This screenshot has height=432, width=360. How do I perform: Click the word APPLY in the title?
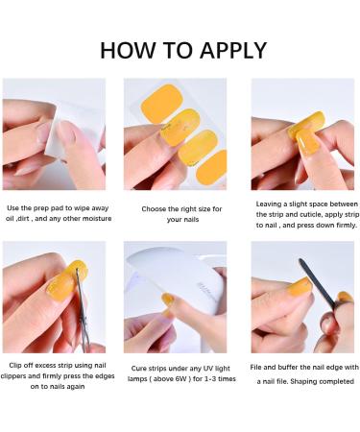pyautogui.click(x=233, y=50)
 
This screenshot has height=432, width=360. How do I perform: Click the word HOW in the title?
pyautogui.click(x=127, y=50)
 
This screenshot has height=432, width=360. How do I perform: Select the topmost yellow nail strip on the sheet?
pyautogui.click(x=162, y=104)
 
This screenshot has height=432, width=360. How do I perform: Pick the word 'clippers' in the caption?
pyautogui.click(x=13, y=376)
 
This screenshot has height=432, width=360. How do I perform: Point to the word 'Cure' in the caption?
pyautogui.click(x=139, y=369)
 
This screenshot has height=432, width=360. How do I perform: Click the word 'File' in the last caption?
pyautogui.click(x=255, y=368)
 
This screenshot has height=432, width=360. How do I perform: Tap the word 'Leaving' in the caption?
pyautogui.click(x=269, y=204)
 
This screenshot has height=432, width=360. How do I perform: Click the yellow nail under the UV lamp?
pyautogui.click(x=167, y=300)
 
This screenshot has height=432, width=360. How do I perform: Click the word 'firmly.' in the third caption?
pyautogui.click(x=347, y=226)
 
